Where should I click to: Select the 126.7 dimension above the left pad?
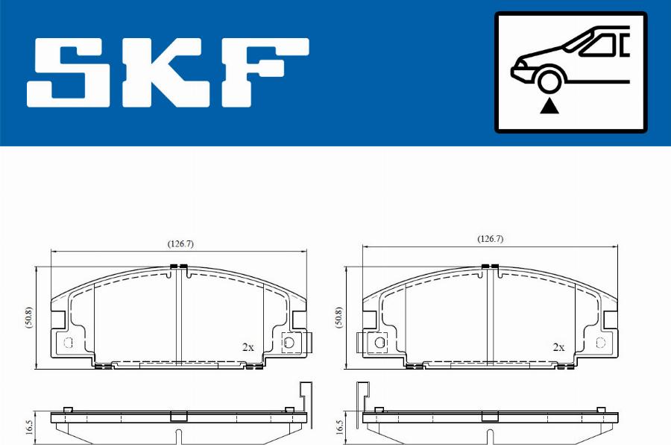click(180, 244)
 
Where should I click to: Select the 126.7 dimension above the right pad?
click(491, 239)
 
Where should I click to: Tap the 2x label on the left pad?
click(248, 347)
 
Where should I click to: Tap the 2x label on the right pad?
click(558, 347)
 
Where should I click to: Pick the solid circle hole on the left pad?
click(289, 342)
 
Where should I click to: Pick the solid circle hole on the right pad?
click(379, 342)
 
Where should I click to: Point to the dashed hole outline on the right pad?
click(601, 342)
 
